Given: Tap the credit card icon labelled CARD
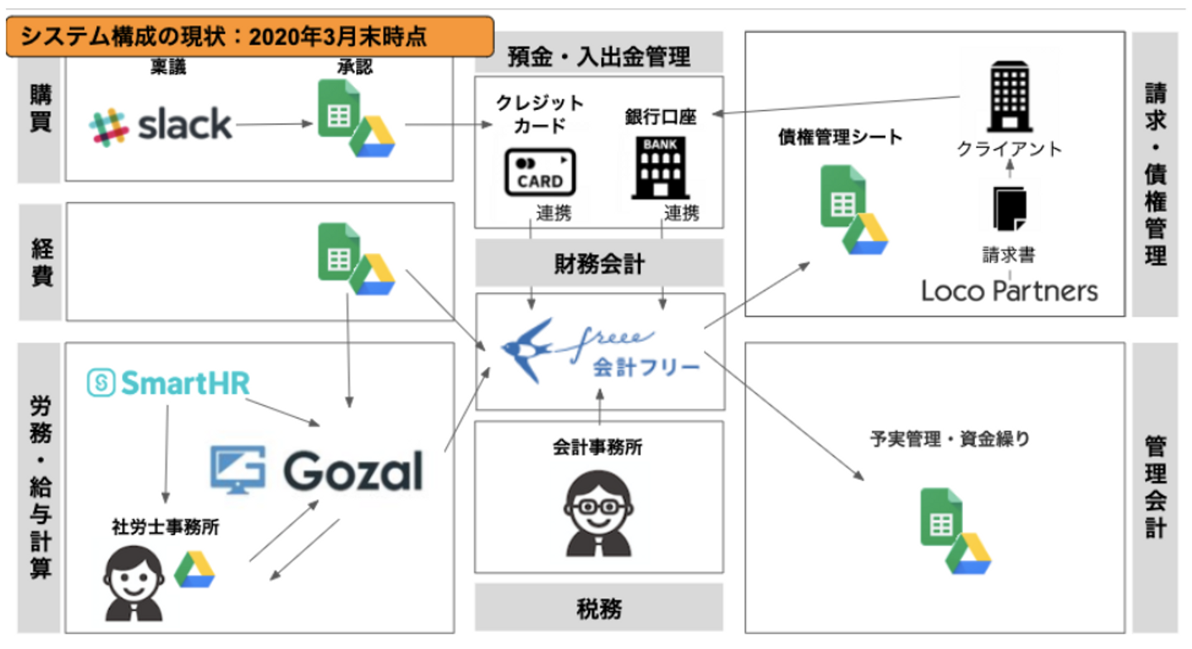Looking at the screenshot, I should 540,172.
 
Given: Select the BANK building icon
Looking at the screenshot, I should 660,168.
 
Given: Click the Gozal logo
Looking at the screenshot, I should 317,469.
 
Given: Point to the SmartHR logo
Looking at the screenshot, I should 168,382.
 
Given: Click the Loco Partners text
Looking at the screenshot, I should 1010,290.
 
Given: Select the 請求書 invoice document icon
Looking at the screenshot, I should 1007,209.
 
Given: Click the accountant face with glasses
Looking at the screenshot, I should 598,514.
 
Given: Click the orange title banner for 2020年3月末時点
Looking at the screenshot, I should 248,37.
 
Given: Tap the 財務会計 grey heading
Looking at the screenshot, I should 598,264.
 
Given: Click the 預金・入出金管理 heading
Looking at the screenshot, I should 598,56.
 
